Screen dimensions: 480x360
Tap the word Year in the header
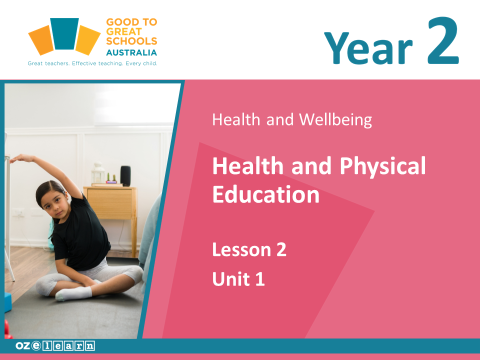point(368,48)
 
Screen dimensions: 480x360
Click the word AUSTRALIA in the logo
point(131,52)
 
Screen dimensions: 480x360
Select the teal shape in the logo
point(64,33)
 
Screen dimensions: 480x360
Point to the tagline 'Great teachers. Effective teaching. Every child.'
point(92,63)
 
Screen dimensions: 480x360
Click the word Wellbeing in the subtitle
point(335,119)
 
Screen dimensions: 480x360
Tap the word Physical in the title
point(382,165)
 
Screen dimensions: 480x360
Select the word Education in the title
point(265,194)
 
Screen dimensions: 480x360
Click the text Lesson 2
point(249,249)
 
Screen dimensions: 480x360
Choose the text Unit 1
point(238,278)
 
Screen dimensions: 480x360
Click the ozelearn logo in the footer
point(55,345)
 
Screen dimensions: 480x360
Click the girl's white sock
point(74,293)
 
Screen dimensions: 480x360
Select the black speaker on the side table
point(125,175)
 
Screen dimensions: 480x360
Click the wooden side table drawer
point(109,203)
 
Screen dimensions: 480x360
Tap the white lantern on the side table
point(98,173)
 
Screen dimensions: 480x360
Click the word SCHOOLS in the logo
point(131,41)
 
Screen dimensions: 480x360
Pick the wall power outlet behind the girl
point(18,212)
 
